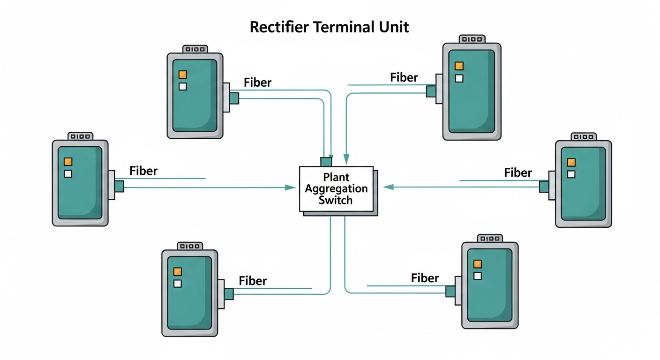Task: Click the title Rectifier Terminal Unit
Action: (329, 27)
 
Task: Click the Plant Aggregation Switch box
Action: (337, 188)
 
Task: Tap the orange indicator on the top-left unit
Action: (183, 75)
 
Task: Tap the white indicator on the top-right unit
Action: (459, 78)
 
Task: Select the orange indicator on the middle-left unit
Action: (68, 162)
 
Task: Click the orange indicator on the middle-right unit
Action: (571, 162)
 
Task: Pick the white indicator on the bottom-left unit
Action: (177, 283)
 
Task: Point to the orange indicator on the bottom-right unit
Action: (478, 264)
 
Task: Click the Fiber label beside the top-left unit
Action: (257, 83)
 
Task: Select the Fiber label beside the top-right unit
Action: (404, 77)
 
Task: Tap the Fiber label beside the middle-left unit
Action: (143, 171)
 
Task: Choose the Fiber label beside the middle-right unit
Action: (518, 173)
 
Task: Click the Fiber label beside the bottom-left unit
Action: (253, 281)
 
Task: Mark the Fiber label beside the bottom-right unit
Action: (425, 278)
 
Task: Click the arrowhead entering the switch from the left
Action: (291, 187)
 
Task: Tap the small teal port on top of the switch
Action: (326, 162)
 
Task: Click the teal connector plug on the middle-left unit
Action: (119, 186)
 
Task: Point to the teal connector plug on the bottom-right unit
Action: (450, 291)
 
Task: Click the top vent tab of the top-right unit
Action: (472, 38)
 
